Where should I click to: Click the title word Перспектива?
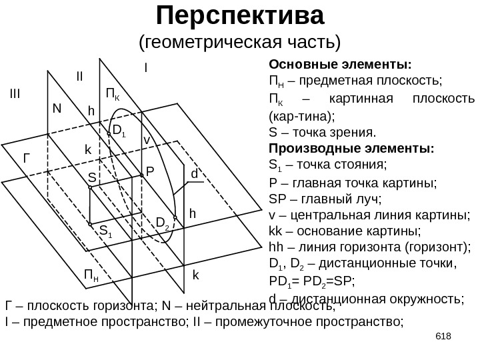[239, 14]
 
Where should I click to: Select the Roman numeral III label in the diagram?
[15, 93]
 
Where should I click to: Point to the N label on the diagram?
[57, 108]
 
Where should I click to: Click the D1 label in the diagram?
[119, 130]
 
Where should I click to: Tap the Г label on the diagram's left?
[27, 159]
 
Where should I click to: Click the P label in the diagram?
[150, 171]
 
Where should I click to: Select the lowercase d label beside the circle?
[195, 173]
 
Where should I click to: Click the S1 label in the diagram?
[105, 231]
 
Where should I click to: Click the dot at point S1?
[91, 225]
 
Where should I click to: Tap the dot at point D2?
[175, 218]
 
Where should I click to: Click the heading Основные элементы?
[339, 65]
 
